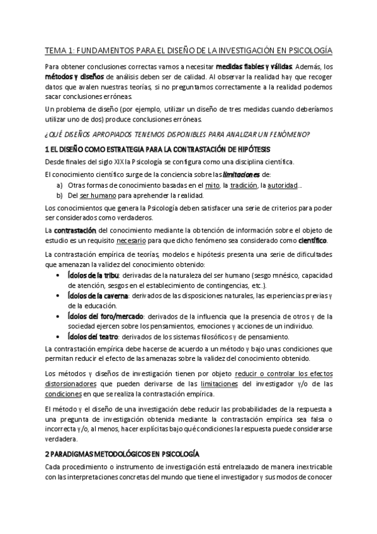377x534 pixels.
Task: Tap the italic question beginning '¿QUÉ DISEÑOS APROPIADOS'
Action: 178,135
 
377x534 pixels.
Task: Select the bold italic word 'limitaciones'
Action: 241,174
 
